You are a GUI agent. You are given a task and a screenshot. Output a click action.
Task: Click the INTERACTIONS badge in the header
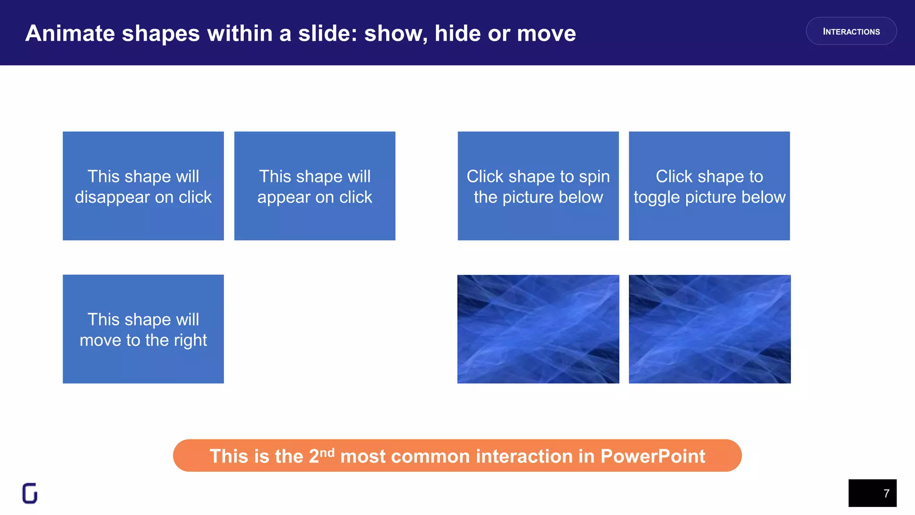tap(851, 31)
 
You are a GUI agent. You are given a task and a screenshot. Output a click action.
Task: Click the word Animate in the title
tap(70, 34)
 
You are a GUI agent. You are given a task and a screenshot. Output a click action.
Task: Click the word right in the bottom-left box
tap(190, 341)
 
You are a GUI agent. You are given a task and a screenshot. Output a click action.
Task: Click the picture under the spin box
tap(538, 329)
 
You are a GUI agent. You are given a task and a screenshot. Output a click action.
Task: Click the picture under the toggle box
tap(709, 329)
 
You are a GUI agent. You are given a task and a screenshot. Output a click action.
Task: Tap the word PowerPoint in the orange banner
tap(652, 456)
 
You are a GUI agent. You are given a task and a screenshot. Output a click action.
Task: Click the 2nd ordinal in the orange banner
tap(321, 456)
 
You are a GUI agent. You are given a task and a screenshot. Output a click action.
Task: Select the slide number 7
tap(886, 494)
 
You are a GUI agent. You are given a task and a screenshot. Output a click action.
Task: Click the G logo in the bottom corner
tap(30, 494)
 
